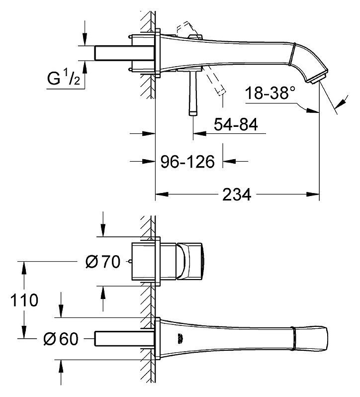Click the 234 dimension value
pos(237,194)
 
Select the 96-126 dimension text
pos(188,162)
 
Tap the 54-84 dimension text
pos(236,124)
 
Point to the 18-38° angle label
pos(270,93)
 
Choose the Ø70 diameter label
pos(103,262)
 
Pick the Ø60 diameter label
pos(61,339)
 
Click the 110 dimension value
pos(24,300)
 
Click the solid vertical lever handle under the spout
pos(193,93)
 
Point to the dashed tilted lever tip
pos(221,91)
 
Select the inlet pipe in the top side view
pos(124,53)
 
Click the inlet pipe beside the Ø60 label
pos(124,339)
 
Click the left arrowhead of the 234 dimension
pos(162,194)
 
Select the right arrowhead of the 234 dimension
pos(313,194)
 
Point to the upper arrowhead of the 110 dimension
pos(24,268)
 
